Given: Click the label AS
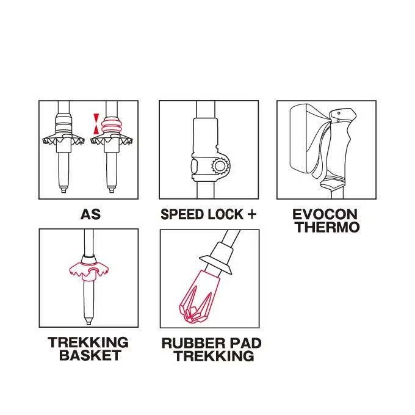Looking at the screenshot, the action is click(90, 214).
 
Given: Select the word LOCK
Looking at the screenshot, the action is click(226, 214).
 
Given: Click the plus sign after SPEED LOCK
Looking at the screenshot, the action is click(251, 214).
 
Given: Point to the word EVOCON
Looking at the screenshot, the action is click(325, 214).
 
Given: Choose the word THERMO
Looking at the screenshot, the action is click(327, 227).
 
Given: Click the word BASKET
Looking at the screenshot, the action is click(90, 355).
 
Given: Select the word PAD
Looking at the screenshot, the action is click(245, 343).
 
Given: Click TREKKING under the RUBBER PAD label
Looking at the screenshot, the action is click(214, 356).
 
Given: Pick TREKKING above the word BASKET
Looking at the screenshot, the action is click(88, 342).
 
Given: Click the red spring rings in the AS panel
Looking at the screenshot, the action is click(112, 125).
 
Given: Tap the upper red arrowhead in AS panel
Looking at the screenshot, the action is click(96, 118).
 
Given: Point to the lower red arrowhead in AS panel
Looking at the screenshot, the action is click(96, 129).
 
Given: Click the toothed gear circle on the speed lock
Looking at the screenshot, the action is click(220, 166).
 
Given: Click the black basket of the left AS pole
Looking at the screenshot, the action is click(63, 140).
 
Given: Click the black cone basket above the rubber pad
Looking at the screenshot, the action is click(215, 265).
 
